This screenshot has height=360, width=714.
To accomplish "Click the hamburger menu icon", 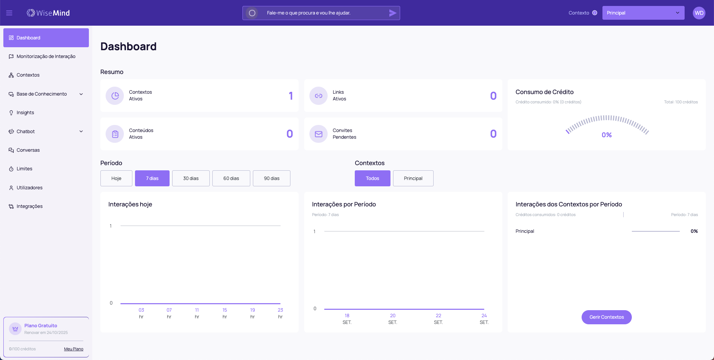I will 9,13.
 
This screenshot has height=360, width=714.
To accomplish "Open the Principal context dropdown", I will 643,13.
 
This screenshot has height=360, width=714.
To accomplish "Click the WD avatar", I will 699,13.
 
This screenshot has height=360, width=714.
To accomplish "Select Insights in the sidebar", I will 25,113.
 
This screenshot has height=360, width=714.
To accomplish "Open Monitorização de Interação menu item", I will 46,57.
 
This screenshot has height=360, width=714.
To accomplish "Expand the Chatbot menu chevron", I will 81,131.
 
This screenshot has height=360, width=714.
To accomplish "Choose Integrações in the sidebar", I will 29,206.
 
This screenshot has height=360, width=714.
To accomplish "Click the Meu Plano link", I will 74,349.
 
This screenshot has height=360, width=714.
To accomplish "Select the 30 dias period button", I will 191,179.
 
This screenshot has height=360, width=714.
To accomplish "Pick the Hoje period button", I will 116,179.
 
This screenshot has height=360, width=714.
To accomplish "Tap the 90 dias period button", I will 271,179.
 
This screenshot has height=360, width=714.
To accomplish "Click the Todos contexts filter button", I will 372,179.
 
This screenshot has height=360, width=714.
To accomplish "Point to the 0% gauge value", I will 607,135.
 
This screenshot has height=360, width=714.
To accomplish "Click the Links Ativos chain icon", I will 319,96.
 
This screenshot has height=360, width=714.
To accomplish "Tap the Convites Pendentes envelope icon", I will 319,134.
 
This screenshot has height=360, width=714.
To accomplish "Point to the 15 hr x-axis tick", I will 225,313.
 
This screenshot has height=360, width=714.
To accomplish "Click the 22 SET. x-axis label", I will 438,319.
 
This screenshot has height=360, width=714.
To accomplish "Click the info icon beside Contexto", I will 595,13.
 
